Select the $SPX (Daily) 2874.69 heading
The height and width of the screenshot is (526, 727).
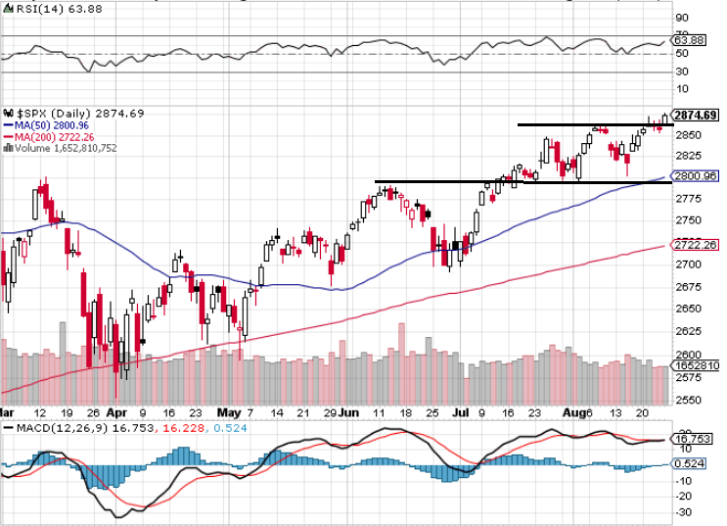click(74, 114)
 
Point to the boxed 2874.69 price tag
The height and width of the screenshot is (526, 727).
click(696, 115)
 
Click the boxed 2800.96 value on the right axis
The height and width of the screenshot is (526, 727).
click(696, 175)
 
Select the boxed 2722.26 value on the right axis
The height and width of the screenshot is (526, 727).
click(696, 245)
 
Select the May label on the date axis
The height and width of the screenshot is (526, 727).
click(231, 413)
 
